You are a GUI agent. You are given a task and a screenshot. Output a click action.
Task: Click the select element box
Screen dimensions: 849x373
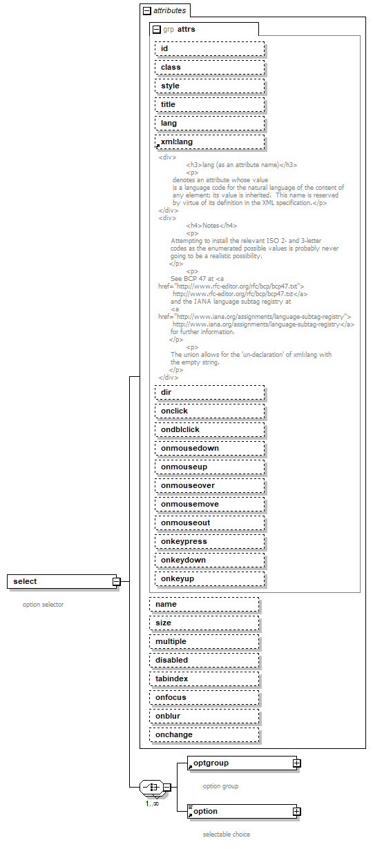[59, 581]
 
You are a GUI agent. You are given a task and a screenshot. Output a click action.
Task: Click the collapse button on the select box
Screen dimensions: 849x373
[117, 582]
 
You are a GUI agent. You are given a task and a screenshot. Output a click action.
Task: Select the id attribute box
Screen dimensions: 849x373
[209, 48]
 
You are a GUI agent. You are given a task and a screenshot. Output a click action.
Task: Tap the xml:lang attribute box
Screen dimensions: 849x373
[209, 141]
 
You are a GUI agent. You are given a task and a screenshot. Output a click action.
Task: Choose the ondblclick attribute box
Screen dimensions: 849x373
[209, 429]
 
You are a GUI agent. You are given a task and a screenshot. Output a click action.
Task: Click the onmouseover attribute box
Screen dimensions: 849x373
[209, 485]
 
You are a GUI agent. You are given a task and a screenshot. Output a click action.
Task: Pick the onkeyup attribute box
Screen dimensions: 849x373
[209, 578]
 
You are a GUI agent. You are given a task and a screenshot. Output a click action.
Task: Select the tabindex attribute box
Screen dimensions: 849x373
[204, 679]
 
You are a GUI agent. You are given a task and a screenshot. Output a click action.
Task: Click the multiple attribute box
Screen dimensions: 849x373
[204, 641]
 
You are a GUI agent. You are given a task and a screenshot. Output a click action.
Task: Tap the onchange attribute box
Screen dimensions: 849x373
[204, 734]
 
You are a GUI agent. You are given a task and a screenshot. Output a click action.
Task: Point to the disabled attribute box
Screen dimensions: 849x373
[204, 660]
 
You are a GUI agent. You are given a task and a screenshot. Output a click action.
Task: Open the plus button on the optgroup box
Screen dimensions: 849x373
[296, 763]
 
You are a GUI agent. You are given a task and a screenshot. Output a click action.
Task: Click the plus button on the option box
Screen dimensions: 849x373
[296, 812]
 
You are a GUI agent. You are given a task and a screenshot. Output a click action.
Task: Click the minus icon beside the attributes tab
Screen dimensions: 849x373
[146, 11]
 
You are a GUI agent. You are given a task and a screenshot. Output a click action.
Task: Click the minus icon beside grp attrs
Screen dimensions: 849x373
[157, 30]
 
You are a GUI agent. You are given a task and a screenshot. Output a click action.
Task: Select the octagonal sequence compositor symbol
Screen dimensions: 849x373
[150, 787]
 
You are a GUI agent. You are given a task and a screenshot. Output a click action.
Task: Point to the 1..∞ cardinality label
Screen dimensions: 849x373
[152, 803]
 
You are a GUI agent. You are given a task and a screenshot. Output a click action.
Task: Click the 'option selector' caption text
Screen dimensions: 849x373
[43, 605]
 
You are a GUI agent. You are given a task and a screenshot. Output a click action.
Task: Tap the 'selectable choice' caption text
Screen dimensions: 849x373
[226, 835]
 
